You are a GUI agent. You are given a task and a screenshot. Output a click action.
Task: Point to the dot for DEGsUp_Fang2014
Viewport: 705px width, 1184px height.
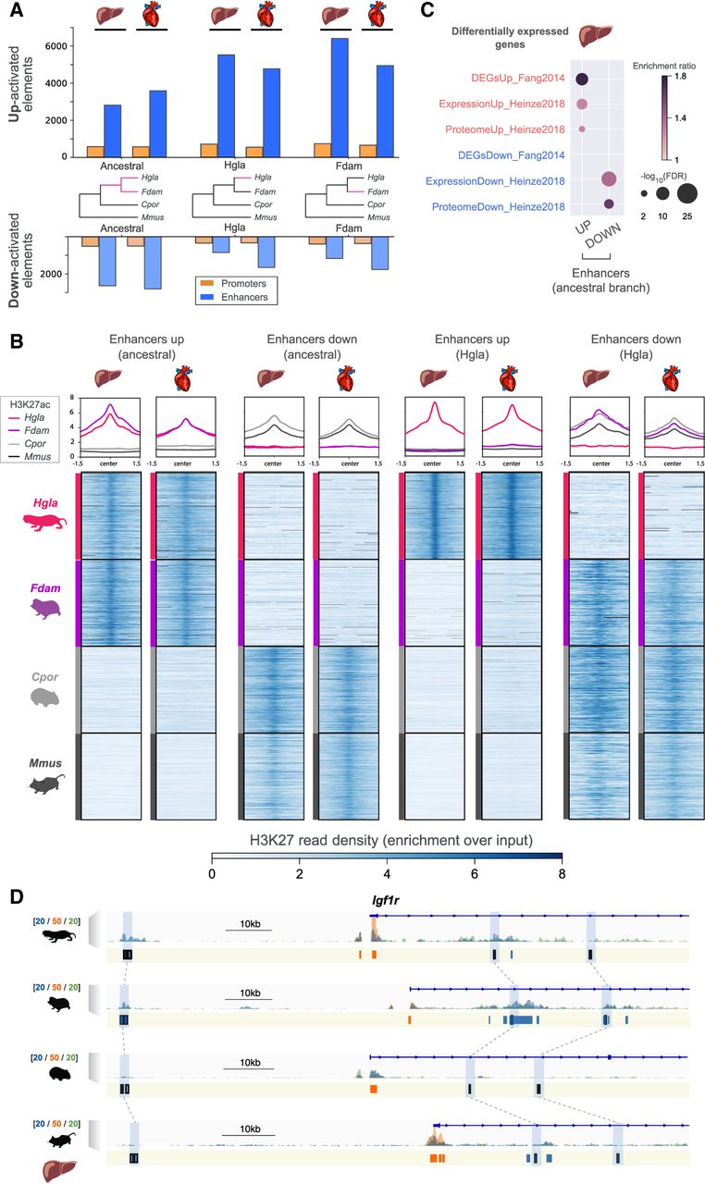click(x=582, y=80)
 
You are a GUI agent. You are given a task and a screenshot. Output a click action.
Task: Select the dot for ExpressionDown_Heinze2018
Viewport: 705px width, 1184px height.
click(x=609, y=179)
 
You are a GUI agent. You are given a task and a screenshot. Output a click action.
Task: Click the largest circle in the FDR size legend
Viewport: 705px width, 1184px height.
click(x=686, y=193)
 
